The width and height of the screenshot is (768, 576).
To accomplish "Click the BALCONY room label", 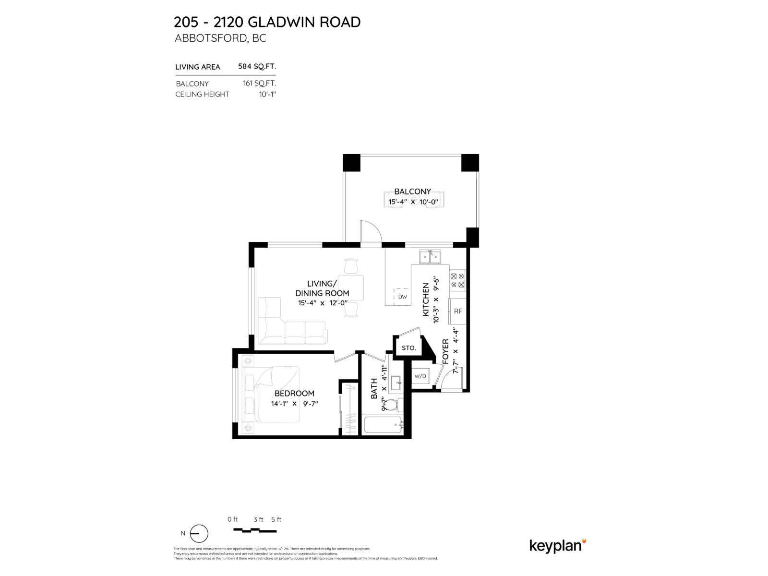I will click(412, 192).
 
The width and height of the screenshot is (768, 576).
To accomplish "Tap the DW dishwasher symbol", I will click(402, 297).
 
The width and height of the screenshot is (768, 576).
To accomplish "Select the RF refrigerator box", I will click(457, 311).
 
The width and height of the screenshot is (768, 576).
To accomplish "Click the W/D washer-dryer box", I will click(420, 376).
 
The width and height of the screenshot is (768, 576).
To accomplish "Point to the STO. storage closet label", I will click(408, 348).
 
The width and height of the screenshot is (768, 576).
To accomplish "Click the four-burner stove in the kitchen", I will click(457, 280).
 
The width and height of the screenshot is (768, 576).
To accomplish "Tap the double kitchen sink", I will click(430, 258).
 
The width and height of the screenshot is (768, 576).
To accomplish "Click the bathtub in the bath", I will click(383, 425).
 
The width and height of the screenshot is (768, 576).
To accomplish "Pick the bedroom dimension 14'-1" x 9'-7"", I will click(294, 404).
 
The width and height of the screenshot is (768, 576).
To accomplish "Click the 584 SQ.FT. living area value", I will click(257, 66).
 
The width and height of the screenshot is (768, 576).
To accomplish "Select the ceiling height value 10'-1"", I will click(267, 94).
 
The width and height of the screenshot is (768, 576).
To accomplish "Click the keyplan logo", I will click(557, 546).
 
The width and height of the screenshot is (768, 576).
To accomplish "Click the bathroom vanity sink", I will click(396, 383).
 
